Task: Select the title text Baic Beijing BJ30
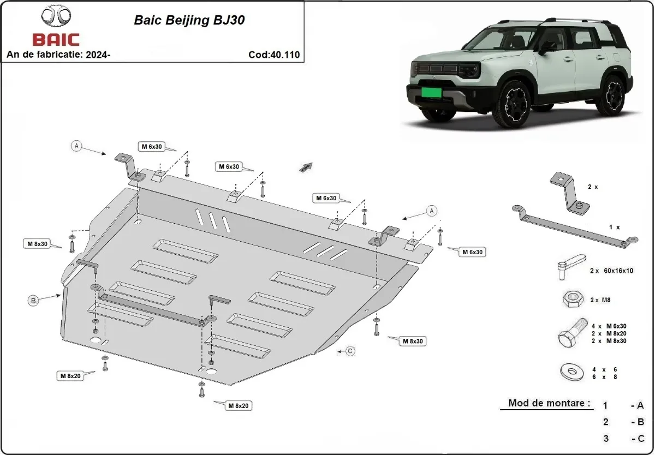point(189,21)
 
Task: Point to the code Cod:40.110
point(273,55)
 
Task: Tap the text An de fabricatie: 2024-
point(59,55)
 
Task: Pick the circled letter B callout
point(33,300)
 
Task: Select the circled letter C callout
point(350,351)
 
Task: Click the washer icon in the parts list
point(570,373)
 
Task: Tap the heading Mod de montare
point(549,403)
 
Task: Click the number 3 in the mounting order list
point(606,438)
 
